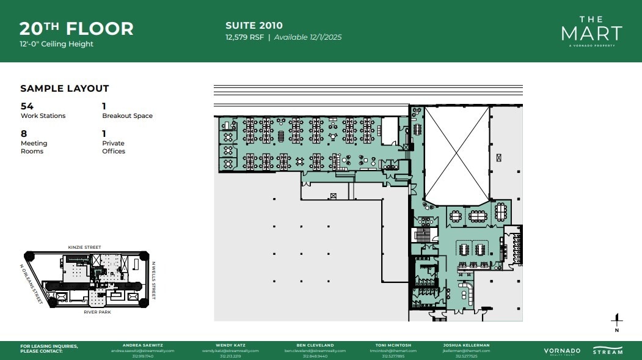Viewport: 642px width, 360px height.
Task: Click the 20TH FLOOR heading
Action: coord(76,28)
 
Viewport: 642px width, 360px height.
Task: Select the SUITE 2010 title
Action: coord(254,26)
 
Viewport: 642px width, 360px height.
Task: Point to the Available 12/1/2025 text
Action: coord(307,37)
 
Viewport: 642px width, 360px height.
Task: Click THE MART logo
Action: coord(591,31)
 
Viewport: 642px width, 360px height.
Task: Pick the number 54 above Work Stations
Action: coord(27,106)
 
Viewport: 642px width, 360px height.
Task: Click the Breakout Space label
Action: coord(127,116)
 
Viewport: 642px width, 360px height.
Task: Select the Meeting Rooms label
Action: coord(34,147)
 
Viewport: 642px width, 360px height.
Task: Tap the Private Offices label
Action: coord(114,147)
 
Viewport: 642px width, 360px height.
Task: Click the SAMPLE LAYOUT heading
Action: coord(65,89)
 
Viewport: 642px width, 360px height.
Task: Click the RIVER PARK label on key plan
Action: coord(84,312)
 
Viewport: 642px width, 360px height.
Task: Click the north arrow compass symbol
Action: coord(617,321)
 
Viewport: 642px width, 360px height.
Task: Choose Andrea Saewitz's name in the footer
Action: coord(142,345)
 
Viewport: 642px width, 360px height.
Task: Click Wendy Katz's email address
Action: coord(232,351)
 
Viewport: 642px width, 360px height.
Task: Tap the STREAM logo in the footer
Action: coord(608,351)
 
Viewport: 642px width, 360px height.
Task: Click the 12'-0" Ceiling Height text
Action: coord(56,44)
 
